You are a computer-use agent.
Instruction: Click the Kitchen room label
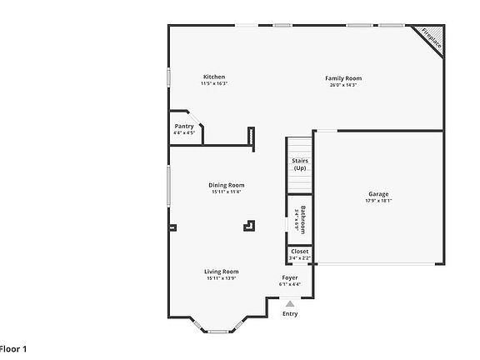coord(213,77)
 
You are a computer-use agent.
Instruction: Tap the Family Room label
coord(343,78)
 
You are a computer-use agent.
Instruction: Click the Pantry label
coord(184,127)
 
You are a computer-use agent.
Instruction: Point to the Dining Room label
coord(226,185)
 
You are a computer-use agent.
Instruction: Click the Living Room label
coord(222,271)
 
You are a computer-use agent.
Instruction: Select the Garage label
coord(378,193)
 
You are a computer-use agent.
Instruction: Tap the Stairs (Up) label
coord(299,165)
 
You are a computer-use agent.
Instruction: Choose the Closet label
coord(299,251)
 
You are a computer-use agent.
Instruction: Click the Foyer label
coord(290,277)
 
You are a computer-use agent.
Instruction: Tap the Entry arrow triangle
coord(290,304)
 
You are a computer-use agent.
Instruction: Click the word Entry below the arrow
coord(290,314)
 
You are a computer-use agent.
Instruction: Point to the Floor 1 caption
coord(13,347)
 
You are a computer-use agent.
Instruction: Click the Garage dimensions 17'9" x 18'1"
coord(378,201)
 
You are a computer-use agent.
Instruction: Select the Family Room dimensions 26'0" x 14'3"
coord(343,85)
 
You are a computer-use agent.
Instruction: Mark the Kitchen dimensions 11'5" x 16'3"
coord(213,83)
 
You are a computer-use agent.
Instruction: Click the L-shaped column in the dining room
coord(248,224)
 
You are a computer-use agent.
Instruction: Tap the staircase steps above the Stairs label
coord(298,146)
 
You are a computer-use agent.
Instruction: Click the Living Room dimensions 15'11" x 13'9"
coord(222,278)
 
